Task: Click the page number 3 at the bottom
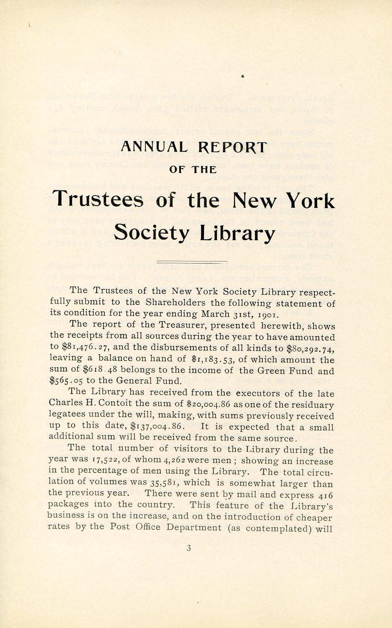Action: click(x=189, y=548)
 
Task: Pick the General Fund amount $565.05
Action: click(x=66, y=381)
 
